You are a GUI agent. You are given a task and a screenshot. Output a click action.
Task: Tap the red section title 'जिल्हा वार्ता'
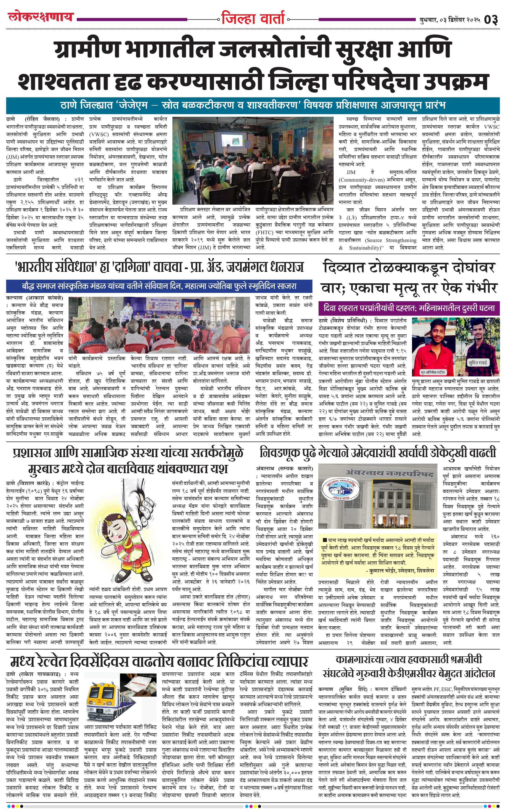coord(253,18)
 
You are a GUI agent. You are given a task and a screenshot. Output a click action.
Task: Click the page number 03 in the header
coord(491,20)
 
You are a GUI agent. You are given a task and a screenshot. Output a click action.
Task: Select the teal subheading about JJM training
coord(253,105)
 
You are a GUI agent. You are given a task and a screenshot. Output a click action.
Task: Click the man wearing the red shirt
coord(432,348)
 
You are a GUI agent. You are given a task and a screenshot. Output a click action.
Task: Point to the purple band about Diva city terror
coord(409,308)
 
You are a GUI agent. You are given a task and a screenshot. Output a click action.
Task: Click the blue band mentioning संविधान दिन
coord(159,286)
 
